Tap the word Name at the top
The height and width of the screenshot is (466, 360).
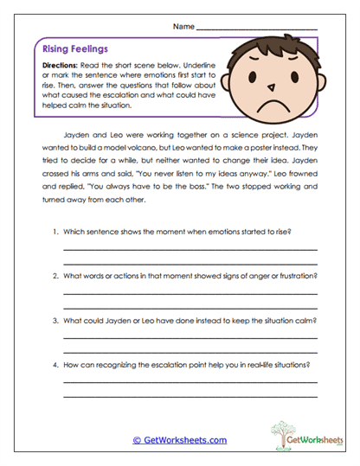click(x=184, y=26)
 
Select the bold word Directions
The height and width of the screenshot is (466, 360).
click(x=63, y=65)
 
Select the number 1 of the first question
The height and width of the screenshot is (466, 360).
click(x=55, y=233)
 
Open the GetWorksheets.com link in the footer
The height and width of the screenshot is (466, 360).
click(x=179, y=439)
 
